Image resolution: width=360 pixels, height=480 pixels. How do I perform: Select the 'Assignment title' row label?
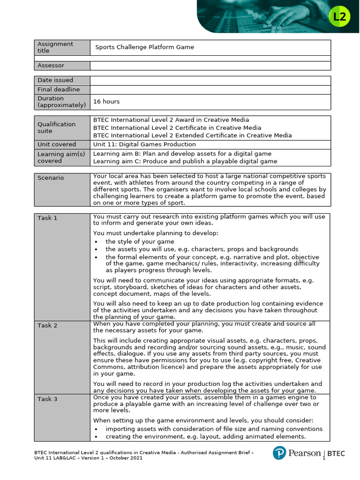coord(55,47)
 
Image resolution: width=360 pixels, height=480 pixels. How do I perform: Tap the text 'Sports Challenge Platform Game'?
coord(144,47)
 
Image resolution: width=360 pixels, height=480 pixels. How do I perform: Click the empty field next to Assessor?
coord(210,66)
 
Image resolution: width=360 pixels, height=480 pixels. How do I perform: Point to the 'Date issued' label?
coord(55,80)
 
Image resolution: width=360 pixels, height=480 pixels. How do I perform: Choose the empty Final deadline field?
coord(210,89)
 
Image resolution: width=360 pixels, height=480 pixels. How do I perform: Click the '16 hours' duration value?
coord(106,101)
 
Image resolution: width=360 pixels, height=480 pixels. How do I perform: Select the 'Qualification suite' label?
coord(56,127)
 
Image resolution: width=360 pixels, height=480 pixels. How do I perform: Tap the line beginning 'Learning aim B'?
coord(182,154)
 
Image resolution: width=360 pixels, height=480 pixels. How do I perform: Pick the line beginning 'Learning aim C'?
coord(185,161)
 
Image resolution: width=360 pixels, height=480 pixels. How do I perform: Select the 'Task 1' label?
coord(47,218)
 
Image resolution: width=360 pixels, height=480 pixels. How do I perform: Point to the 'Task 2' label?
coord(47,325)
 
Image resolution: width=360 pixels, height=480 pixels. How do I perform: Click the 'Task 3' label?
coord(47,398)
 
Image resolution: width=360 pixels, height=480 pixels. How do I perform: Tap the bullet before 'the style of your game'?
coord(96,241)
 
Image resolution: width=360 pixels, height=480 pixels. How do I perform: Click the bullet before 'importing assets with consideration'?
coord(96,429)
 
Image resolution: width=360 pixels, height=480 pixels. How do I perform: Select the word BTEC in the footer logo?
coord(336,453)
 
